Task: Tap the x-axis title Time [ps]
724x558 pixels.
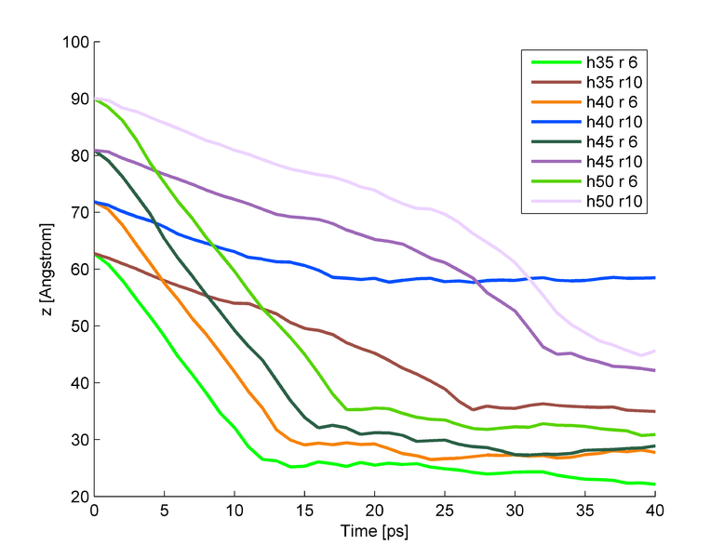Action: pos(374,534)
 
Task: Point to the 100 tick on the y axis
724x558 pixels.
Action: pos(74,42)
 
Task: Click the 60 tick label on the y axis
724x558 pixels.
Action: pos(78,270)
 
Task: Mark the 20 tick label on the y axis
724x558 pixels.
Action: pos(78,497)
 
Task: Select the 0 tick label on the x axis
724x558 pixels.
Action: pos(94,511)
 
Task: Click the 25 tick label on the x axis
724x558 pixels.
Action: pos(445,511)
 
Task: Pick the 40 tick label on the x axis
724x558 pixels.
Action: pos(655,511)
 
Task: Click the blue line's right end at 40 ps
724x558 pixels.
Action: pos(655,277)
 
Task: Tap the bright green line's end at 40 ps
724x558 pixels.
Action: pos(655,484)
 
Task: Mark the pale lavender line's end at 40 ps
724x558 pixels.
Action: pos(655,351)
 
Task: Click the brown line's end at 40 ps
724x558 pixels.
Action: pos(655,411)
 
